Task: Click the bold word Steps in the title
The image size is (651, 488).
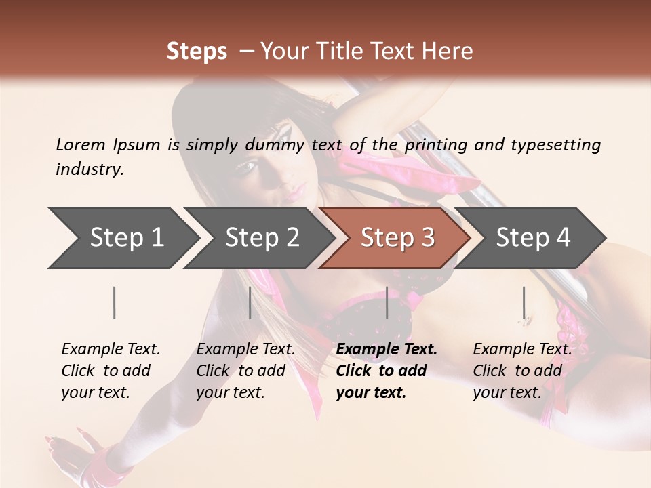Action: [197, 52]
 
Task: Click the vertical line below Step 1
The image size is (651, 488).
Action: [115, 302]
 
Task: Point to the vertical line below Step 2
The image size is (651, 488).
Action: [250, 302]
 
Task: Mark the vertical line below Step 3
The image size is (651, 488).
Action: [387, 302]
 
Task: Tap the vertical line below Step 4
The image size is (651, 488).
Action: [524, 302]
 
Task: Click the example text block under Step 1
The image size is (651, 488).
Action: [111, 371]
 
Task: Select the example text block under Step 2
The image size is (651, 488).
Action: [245, 371]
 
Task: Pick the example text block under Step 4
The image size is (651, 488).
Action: [522, 371]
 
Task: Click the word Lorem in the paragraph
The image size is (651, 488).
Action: [80, 145]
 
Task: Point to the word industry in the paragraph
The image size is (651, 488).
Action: [90, 169]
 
